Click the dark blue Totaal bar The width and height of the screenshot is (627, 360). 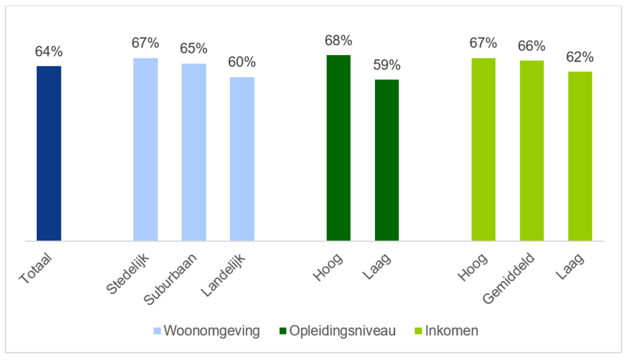click(x=49, y=153)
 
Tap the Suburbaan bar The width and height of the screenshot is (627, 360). click(x=194, y=152)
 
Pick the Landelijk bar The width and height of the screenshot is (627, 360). click(x=242, y=159)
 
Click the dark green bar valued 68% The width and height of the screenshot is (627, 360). click(x=339, y=147)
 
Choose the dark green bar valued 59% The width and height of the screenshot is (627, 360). click(x=387, y=160)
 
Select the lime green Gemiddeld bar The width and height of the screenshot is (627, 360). click(x=532, y=151)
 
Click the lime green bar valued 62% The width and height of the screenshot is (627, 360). click(x=580, y=156)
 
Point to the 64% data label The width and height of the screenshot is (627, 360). click(x=49, y=51)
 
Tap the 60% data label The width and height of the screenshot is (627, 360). click(x=242, y=62)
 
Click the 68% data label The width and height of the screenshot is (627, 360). click(x=339, y=41)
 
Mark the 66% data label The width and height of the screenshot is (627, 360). click(x=532, y=46)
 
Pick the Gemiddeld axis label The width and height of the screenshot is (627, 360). click(x=509, y=277)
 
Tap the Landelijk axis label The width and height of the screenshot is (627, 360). click(x=228, y=273)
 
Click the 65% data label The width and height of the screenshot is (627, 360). click(x=194, y=49)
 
